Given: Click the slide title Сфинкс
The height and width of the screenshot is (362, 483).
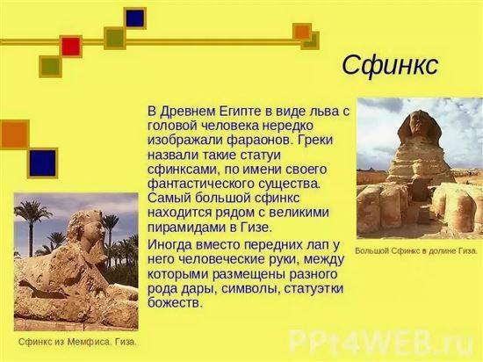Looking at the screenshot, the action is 390,66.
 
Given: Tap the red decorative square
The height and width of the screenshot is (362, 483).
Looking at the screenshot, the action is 71,47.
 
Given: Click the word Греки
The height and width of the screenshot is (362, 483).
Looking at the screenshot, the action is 315,141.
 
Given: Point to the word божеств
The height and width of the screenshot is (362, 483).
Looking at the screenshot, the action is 175,303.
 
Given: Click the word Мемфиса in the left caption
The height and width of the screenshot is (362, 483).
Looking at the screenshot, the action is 90,342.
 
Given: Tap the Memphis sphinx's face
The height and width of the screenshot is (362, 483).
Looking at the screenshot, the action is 97,228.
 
